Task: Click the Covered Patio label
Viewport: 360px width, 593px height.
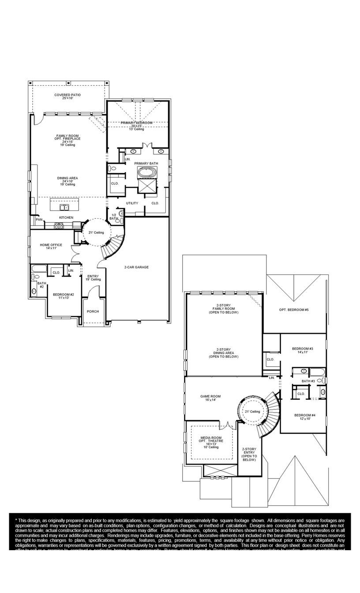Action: point(67,96)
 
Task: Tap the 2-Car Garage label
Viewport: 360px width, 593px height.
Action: point(136,267)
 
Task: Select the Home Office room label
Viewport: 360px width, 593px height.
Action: point(51,246)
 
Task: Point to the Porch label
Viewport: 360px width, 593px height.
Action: point(93,312)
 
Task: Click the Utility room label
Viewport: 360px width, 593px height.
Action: point(132,203)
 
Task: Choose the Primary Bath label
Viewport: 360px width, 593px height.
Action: point(146,163)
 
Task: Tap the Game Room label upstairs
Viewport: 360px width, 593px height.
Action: point(210,398)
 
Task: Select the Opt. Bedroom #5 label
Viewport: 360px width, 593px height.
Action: point(294,310)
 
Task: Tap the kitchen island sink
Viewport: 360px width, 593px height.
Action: point(64,207)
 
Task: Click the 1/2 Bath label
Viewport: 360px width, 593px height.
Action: point(113,217)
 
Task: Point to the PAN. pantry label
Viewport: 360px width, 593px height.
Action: point(39,219)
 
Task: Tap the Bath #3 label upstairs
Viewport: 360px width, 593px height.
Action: point(308,381)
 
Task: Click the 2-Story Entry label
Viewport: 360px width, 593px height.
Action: point(249,454)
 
